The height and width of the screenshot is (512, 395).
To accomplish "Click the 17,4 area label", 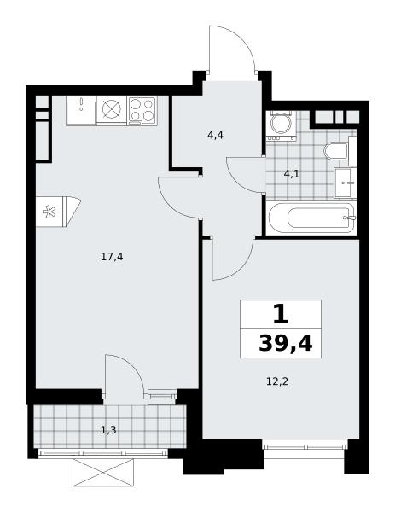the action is (x=112, y=257).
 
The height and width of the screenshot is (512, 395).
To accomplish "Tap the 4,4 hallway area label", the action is (x=216, y=135).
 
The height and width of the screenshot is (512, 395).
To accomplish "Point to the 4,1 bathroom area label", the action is (x=292, y=174).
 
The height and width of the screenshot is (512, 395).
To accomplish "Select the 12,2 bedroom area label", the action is (x=277, y=381).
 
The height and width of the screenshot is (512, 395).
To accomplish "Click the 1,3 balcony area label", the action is (x=108, y=430).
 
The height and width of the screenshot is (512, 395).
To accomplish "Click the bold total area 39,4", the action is (x=286, y=343).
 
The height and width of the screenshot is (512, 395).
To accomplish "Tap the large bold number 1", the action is (x=281, y=314).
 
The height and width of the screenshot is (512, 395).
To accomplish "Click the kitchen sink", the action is (x=81, y=110).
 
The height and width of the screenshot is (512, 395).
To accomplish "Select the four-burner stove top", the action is (x=142, y=110).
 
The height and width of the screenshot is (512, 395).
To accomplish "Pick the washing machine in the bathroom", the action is (x=281, y=126).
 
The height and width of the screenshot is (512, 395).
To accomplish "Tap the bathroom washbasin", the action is (x=345, y=183).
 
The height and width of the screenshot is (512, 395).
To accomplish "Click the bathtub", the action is (x=311, y=218).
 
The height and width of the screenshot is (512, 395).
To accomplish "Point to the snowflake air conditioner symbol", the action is (x=49, y=212).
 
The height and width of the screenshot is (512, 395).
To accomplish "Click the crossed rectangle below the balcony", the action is (x=103, y=472).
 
